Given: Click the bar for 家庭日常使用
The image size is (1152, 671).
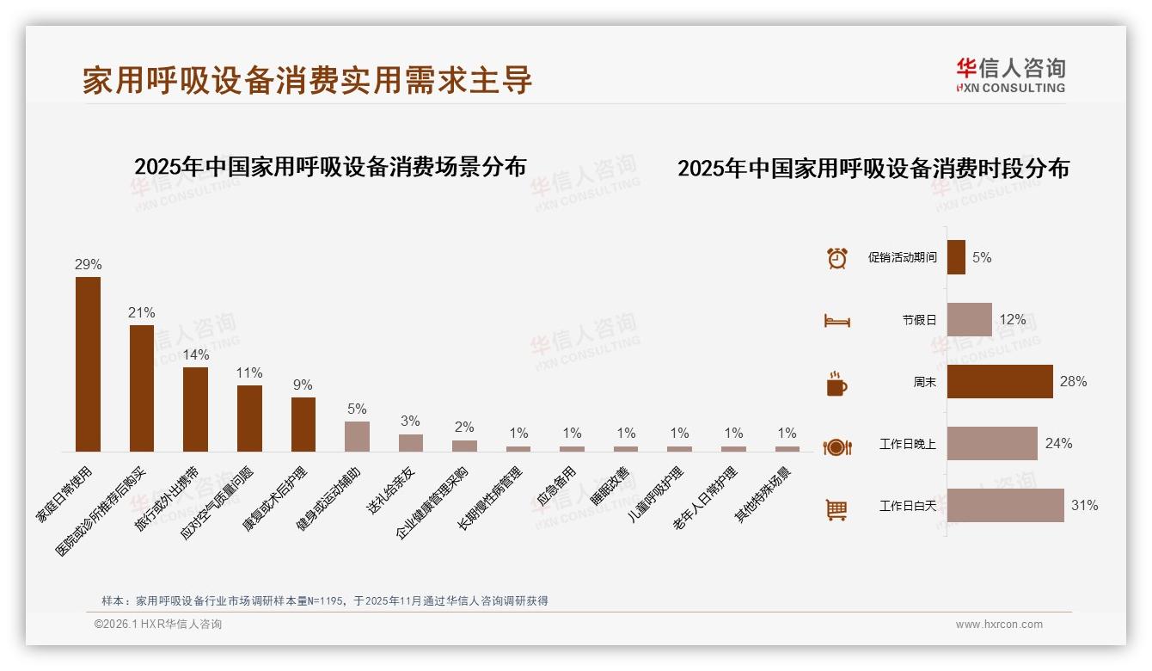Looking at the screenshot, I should click(88, 364).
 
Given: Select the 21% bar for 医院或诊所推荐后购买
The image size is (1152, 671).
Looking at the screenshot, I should click(142, 388).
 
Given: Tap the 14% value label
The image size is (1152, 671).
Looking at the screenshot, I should click(195, 355).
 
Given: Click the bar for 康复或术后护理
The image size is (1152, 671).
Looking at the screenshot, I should click(303, 424).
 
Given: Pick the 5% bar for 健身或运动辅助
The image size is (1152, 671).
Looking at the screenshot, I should click(357, 436).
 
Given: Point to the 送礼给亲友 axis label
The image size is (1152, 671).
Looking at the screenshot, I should click(392, 490).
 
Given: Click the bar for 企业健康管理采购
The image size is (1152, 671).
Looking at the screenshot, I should click(464, 446).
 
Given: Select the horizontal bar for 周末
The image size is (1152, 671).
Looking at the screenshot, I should click(1000, 381).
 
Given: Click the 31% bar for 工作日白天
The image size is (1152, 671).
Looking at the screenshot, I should click(1005, 506).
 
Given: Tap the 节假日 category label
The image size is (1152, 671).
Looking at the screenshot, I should click(919, 320).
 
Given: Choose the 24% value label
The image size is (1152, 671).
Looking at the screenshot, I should click(1058, 444).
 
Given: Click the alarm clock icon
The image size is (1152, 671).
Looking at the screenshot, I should click(836, 258).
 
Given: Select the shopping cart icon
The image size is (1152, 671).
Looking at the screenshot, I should click(836, 509).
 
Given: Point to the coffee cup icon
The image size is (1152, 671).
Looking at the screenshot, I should click(836, 384).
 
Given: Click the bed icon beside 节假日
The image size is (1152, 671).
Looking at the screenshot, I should click(836, 321).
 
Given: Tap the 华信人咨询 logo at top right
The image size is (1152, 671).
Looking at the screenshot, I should click(1010, 75).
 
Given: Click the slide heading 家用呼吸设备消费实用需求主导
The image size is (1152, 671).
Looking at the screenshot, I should click(308, 80).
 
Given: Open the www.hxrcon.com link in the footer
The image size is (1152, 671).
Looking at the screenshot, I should click(999, 625).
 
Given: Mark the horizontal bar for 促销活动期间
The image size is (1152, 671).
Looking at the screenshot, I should click(956, 257).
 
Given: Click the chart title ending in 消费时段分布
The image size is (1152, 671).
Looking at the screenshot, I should click(873, 169).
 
